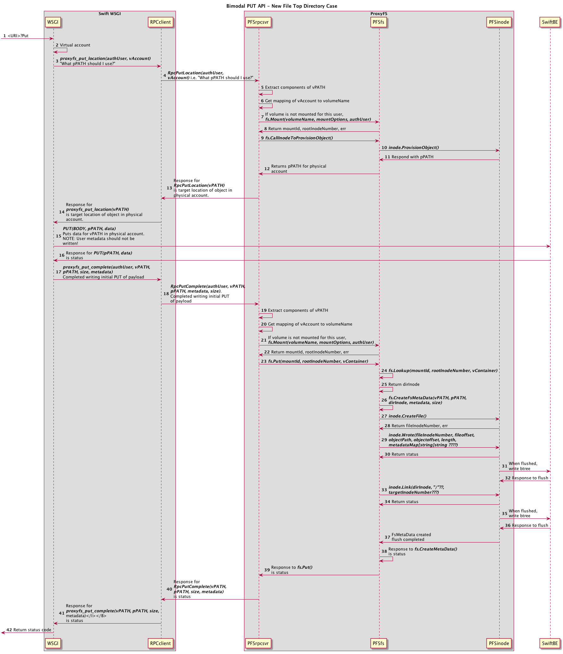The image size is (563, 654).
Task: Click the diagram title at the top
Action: (281, 6)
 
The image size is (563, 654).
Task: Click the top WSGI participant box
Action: (53, 22)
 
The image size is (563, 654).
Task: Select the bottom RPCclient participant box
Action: (161, 643)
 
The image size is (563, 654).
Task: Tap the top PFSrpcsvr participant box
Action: (258, 22)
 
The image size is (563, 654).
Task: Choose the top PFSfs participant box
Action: (379, 22)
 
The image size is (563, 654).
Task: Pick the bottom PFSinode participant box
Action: (499, 643)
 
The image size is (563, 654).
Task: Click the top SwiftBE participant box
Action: (550, 22)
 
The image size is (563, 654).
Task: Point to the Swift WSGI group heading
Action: (110, 14)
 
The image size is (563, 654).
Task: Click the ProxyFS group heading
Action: (379, 14)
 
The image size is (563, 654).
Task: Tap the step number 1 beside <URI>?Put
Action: (5, 36)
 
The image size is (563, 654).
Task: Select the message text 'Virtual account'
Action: (75, 45)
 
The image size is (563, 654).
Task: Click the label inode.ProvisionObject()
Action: (414, 148)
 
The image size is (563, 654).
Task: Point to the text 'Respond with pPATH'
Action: (412, 157)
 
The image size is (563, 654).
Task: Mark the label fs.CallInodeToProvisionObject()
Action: (299, 138)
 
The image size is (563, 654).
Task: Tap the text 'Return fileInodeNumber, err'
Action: (420, 426)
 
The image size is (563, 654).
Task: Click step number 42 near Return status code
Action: (9, 630)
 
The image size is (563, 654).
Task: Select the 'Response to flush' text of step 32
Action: (530, 478)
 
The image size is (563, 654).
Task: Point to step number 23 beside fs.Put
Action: (264, 361)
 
